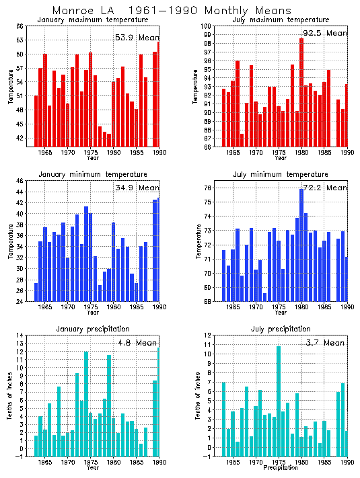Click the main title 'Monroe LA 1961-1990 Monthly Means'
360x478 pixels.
[x=172, y=11]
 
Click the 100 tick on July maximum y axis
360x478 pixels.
[x=208, y=26]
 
